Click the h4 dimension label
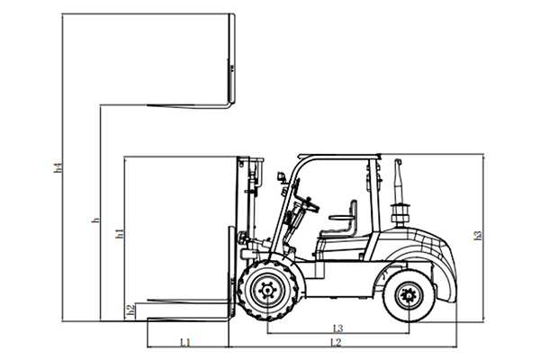click(58, 166)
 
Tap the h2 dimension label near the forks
click(130, 310)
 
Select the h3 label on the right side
click(478, 236)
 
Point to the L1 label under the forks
click(184, 343)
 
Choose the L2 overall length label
click(336, 343)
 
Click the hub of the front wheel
click(265, 291)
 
